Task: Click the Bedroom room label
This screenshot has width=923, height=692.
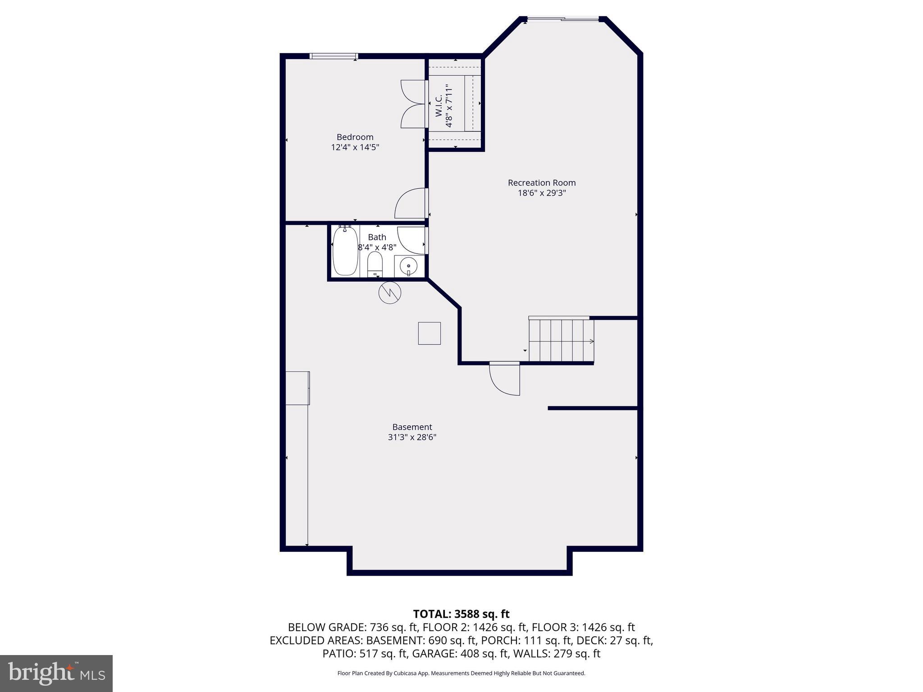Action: (355, 137)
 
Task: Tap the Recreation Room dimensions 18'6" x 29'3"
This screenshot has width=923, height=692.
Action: (542, 193)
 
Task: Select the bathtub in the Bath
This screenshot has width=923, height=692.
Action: (345, 251)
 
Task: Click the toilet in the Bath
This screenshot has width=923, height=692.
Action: (375, 264)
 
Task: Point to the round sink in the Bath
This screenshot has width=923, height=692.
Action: (408, 266)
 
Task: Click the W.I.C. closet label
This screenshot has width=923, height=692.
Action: (439, 106)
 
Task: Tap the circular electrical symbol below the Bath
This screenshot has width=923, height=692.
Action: (389, 293)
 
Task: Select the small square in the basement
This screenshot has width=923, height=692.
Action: (429, 333)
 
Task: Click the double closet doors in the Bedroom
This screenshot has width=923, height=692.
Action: (413, 104)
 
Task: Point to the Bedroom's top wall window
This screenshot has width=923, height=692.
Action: (334, 56)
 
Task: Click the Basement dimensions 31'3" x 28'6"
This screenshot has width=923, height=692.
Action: (412, 437)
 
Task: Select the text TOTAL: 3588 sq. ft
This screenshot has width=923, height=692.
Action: (461, 614)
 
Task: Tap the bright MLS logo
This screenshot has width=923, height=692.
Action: (56, 673)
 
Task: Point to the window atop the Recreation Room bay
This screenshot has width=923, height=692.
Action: (563, 19)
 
